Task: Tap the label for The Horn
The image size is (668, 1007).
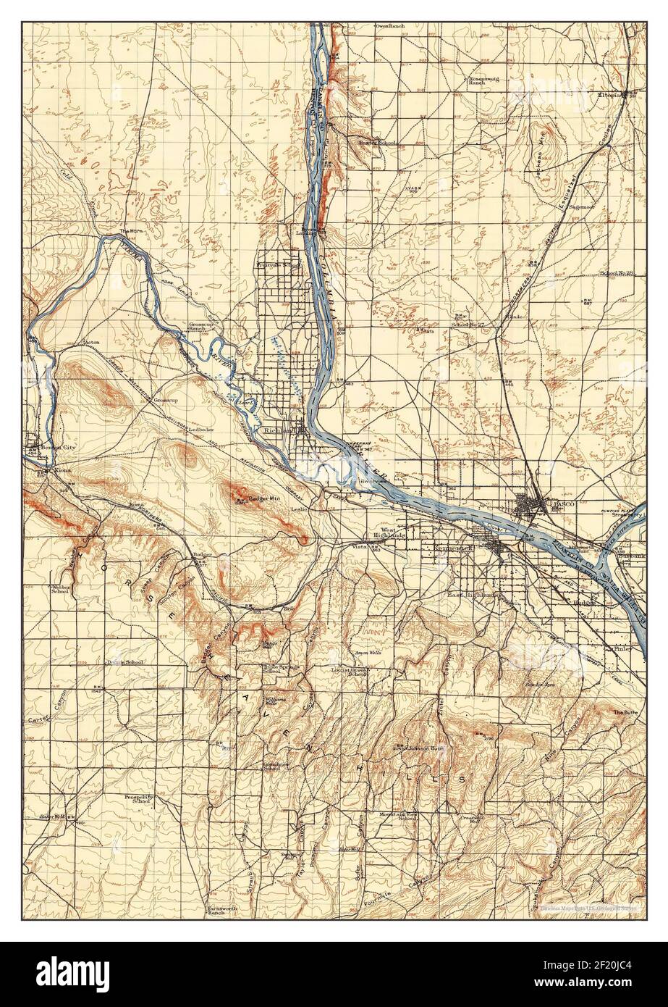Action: (x=129, y=231)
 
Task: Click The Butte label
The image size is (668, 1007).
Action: (x=624, y=713)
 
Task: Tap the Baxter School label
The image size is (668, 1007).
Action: (x=377, y=143)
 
